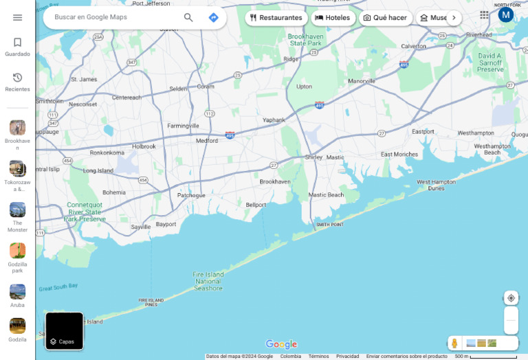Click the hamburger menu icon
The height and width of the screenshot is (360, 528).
click(17, 18)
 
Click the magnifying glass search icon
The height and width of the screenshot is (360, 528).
click(188, 18)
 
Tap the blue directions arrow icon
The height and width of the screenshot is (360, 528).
click(213, 18)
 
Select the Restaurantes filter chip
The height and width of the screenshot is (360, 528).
click(276, 18)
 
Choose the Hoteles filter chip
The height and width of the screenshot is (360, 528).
click(333, 18)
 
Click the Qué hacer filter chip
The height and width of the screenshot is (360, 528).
click(385, 18)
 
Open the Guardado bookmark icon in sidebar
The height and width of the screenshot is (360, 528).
click(17, 43)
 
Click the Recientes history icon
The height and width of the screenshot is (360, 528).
click(17, 78)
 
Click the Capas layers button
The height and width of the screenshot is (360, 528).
click(65, 331)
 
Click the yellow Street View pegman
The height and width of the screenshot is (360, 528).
click(454, 343)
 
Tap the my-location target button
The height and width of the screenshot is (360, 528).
click(511, 298)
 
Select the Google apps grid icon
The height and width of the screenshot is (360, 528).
click(484, 14)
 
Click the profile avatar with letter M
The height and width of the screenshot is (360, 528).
click(506, 14)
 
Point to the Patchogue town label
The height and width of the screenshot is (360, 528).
click(191, 195)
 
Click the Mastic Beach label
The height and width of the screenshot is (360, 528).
click(326, 195)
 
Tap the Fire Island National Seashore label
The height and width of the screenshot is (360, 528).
click(208, 281)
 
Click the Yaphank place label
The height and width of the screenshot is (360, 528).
click(274, 120)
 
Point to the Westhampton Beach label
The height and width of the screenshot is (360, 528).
click(492, 149)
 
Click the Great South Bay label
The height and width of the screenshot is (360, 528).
click(58, 287)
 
